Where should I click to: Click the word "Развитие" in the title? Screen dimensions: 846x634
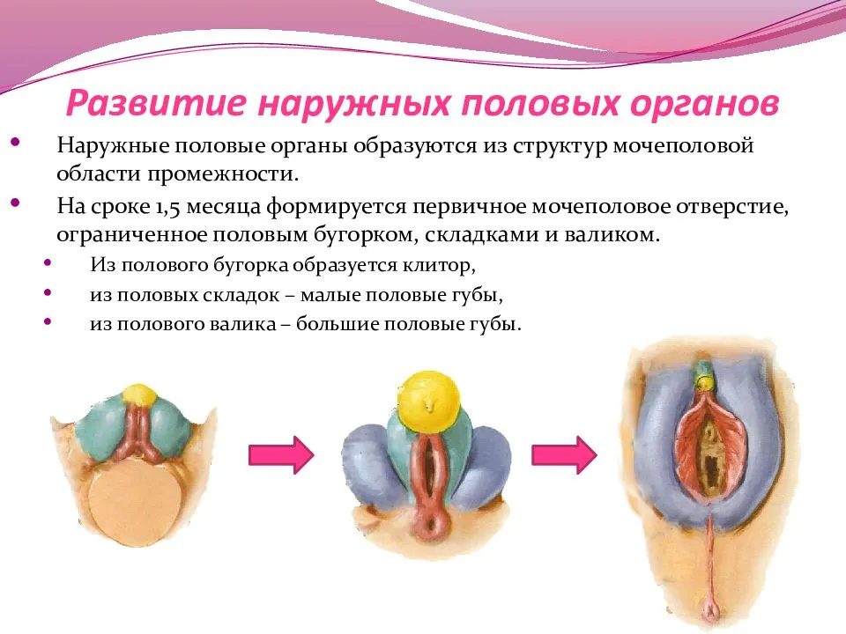(x=157, y=102)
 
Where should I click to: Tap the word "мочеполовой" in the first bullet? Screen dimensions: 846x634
(x=683, y=146)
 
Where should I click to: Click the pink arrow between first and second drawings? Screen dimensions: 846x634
(x=281, y=455)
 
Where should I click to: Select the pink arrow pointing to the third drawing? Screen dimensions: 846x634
(x=564, y=455)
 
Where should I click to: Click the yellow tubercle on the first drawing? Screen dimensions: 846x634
(x=139, y=394)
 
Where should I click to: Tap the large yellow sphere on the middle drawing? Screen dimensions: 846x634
(x=429, y=402)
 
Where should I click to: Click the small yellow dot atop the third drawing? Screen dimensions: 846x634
(x=704, y=383)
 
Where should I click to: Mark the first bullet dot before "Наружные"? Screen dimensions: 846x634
(x=15, y=143)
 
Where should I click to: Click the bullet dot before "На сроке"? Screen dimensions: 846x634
(x=15, y=203)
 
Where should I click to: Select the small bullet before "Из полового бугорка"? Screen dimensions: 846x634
(x=48, y=263)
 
